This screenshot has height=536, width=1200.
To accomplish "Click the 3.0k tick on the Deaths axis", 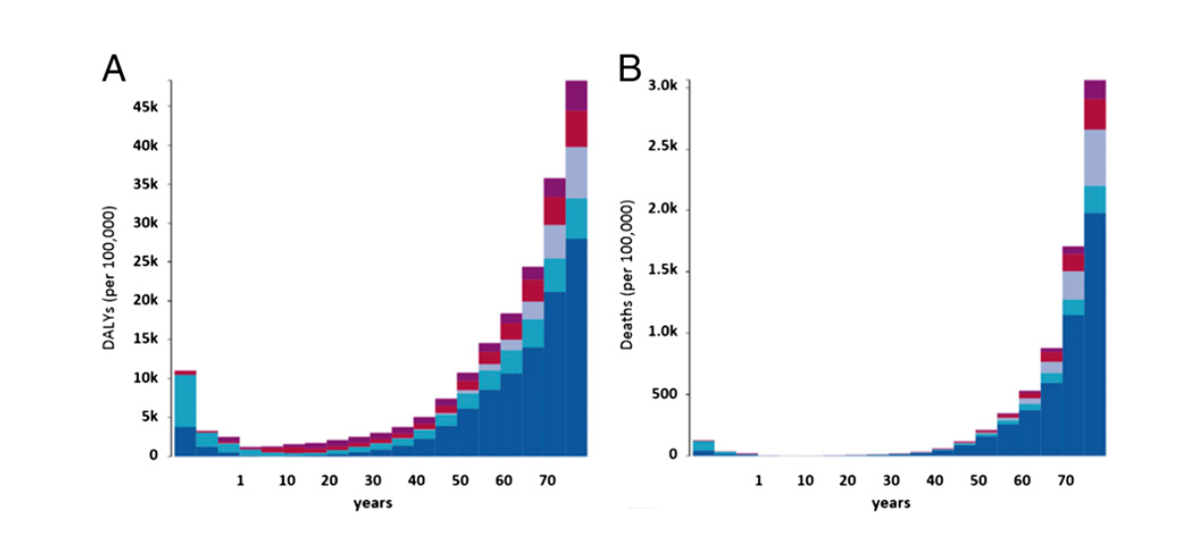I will pos(662,86).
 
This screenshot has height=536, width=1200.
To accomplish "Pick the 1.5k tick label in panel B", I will pos(662,271).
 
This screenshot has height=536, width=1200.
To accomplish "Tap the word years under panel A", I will pos(373,503).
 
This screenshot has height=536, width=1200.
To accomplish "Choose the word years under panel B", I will pos(891,503).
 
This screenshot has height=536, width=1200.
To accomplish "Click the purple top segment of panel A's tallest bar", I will pos(576,95).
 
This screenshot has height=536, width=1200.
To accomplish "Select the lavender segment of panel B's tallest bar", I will pos(1095,158).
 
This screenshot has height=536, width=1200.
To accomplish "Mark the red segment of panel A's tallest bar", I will pos(576,128).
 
